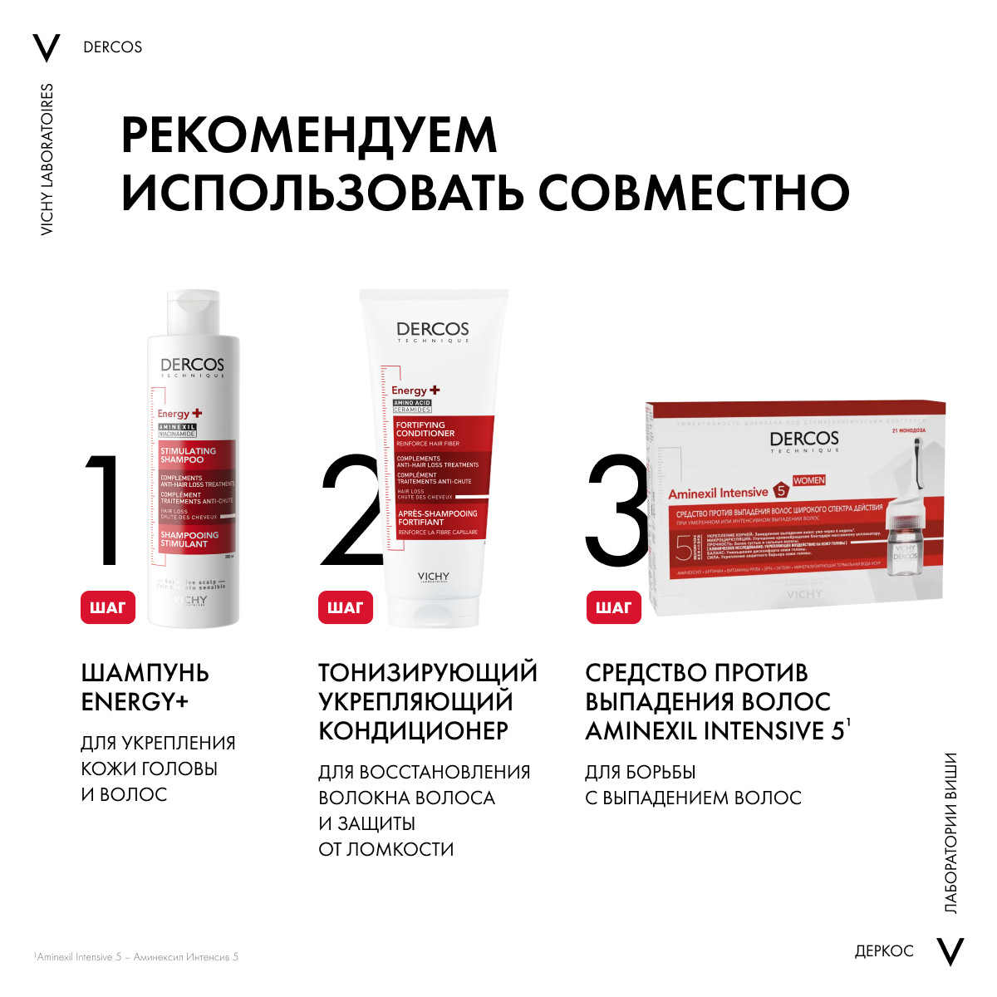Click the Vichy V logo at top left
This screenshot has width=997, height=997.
47,48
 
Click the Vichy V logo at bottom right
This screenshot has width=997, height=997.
950,951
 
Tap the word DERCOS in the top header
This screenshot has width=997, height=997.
113,47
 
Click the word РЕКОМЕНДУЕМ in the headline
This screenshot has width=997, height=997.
309,135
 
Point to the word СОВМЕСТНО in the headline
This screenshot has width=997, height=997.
694,193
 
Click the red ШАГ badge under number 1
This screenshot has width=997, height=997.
107,607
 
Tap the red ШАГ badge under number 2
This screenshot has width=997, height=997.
345,607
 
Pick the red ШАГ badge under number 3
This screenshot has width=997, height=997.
613,607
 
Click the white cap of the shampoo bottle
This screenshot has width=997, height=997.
194,312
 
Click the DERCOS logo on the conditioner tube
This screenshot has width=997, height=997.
432,331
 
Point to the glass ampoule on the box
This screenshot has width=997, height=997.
904,544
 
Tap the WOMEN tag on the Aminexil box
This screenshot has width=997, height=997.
808,480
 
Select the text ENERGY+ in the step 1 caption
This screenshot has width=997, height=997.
135,702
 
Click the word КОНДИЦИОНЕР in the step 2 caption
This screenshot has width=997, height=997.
413,731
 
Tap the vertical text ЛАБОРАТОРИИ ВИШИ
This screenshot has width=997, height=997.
951,833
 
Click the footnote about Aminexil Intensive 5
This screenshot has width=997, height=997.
137,957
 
